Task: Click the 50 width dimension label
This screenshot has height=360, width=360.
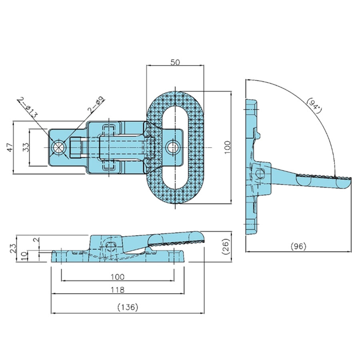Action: pyautogui.click(x=175, y=62)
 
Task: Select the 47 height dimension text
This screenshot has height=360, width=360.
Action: pyautogui.click(x=10, y=147)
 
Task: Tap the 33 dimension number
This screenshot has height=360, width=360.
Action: pyautogui.click(x=26, y=147)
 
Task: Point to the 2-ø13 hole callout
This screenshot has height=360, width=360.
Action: pyautogui.click(x=28, y=108)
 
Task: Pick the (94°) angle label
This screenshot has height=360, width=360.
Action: pyautogui.click(x=314, y=105)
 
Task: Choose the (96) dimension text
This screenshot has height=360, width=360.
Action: pyautogui.click(x=298, y=246)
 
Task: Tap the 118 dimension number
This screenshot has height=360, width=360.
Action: pyautogui.click(x=117, y=290)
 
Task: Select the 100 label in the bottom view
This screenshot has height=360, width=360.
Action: pyautogui.click(x=117, y=277)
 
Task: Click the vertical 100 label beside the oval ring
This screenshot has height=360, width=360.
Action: pyautogui.click(x=227, y=147)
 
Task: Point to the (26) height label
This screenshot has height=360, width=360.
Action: pyautogui.click(x=226, y=246)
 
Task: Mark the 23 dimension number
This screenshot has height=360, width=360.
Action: pyautogui.click(x=13, y=248)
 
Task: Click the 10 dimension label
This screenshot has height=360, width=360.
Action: pyautogui.click(x=24, y=256)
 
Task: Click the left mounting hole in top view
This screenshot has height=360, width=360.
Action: pyautogui.click(x=59, y=147)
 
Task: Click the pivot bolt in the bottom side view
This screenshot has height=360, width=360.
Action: pyautogui.click(x=112, y=247)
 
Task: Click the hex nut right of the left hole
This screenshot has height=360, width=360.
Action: pyautogui.click(x=76, y=147)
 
